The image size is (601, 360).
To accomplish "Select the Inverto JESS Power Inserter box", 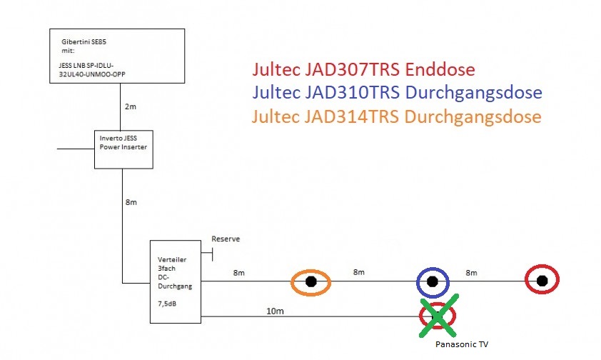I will click(x=124, y=149).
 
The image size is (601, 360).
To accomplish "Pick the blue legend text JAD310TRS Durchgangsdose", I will click(x=396, y=93).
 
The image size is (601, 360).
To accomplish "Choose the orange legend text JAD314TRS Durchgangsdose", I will click(x=396, y=116).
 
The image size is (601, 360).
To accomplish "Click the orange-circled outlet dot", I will click(x=311, y=282).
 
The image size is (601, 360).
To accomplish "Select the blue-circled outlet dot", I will click(x=432, y=282).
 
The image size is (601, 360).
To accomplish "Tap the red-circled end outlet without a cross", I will click(x=542, y=280).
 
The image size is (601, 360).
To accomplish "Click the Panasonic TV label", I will click(x=462, y=344).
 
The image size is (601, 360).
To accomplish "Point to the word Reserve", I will click(x=226, y=239).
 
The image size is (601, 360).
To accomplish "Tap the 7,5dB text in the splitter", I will click(x=166, y=304).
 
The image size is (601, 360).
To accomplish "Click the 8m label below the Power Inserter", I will click(x=131, y=202).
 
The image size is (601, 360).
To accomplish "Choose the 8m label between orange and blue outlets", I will click(x=358, y=272).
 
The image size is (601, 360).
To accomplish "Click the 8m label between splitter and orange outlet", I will click(x=239, y=272).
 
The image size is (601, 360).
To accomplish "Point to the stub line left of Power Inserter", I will click(x=76, y=149).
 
